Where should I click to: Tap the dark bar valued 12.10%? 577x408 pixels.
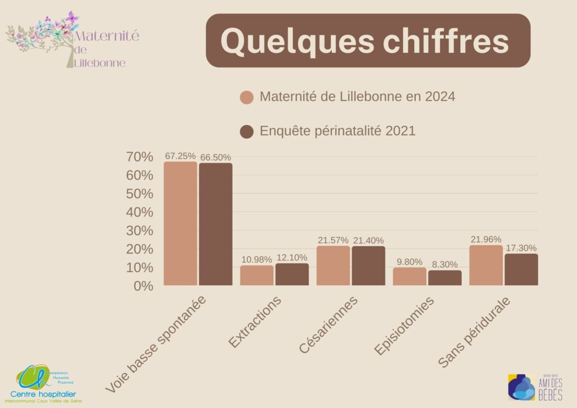click(292, 274)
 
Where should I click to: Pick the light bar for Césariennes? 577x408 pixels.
click(333, 265)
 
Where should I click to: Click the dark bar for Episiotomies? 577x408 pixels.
click(445, 278)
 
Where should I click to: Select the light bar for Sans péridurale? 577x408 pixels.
click(486, 265)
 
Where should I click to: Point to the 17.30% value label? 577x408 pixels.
click(520, 248)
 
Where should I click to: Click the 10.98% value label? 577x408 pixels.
click(256, 259)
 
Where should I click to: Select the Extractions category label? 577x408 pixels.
click(255, 322)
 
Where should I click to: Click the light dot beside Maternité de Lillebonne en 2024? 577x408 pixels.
click(247, 97)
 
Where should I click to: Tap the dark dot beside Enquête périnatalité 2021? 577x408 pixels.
click(247, 131)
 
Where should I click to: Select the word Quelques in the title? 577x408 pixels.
click(292, 41)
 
